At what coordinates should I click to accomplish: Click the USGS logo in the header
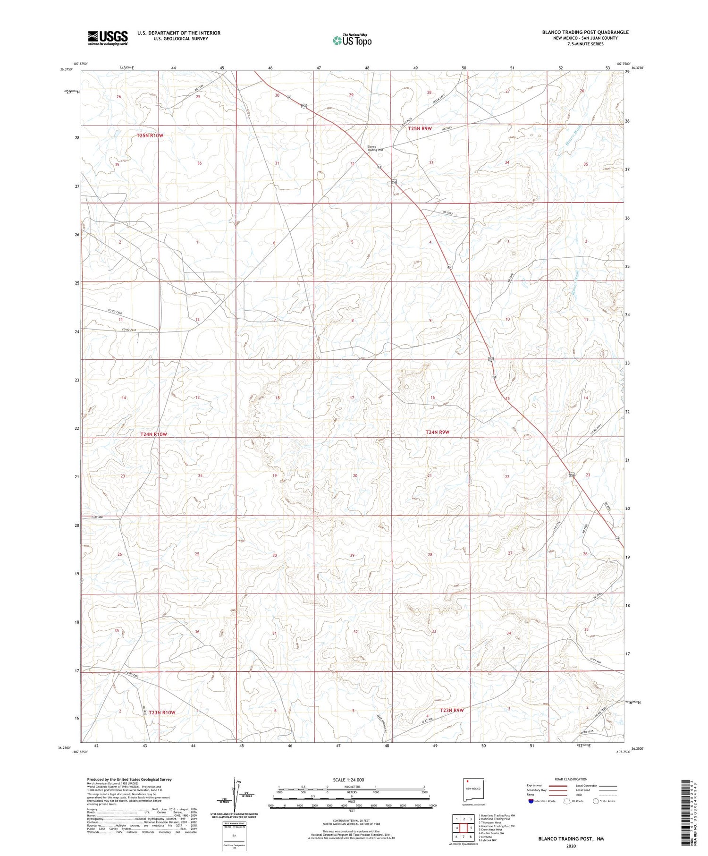click(x=108, y=38)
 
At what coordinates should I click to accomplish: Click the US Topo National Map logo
click(x=352, y=40)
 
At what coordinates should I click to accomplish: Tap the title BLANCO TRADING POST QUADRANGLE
click(x=585, y=32)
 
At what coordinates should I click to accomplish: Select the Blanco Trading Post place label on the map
click(x=375, y=148)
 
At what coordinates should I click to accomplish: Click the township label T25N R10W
click(x=150, y=136)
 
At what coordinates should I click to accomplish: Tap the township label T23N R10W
click(x=162, y=712)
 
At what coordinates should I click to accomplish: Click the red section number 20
click(x=355, y=475)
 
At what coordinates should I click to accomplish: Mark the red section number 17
click(x=352, y=398)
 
